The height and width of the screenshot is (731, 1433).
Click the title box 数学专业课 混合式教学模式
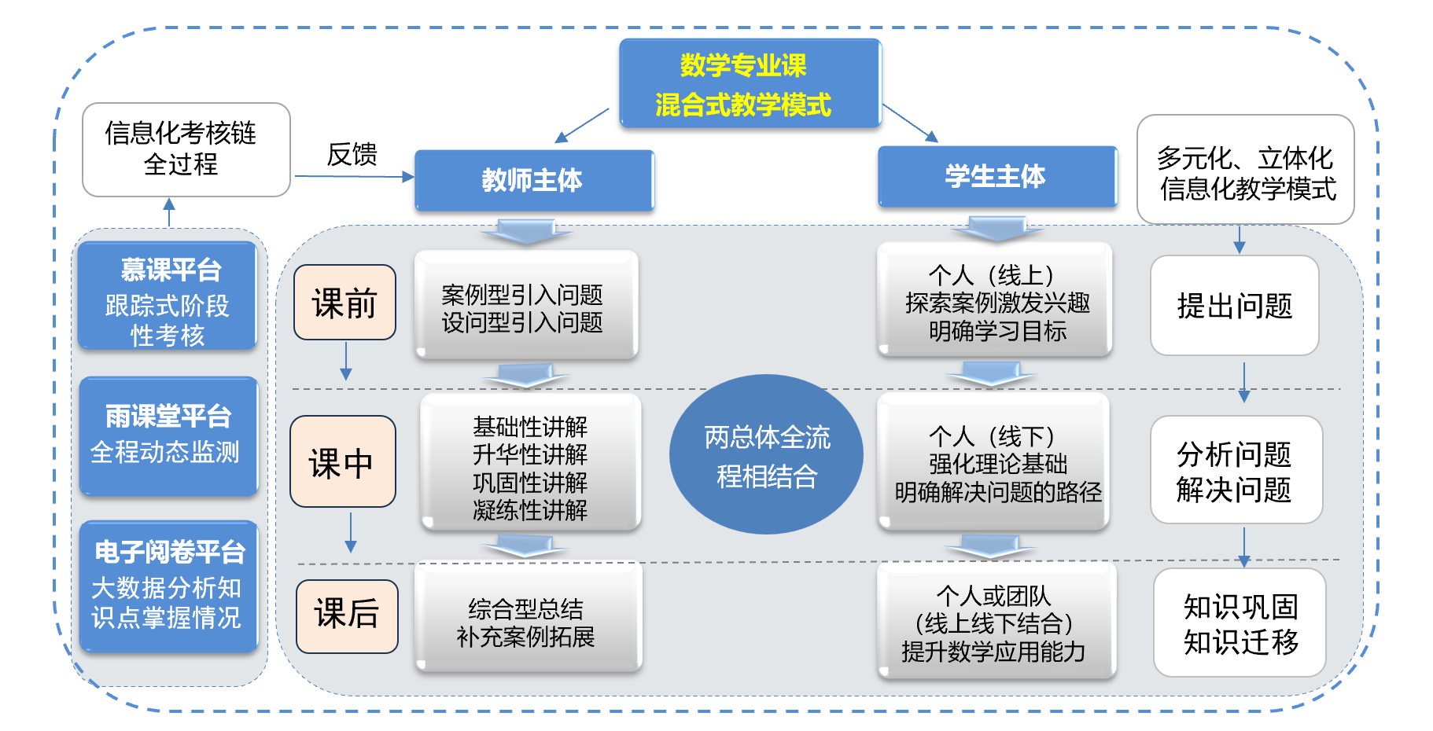click(x=750, y=84)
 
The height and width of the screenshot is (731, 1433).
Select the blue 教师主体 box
click(x=534, y=180)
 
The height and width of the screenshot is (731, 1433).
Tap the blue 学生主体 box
click(x=996, y=177)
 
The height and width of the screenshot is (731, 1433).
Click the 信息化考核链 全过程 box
click(x=186, y=149)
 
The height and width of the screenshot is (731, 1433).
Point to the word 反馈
click(x=352, y=155)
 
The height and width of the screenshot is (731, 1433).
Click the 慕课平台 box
click(x=168, y=296)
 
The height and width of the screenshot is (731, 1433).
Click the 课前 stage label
click(x=344, y=303)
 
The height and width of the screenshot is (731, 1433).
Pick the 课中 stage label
click(x=342, y=462)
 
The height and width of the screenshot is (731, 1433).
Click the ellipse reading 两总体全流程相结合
click(x=766, y=455)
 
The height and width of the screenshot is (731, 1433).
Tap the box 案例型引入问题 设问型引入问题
click(x=525, y=306)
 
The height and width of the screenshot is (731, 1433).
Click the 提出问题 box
click(x=1234, y=306)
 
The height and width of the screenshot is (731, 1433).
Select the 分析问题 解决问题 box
click(x=1236, y=470)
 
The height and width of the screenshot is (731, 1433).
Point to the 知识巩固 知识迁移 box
click(x=1240, y=623)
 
